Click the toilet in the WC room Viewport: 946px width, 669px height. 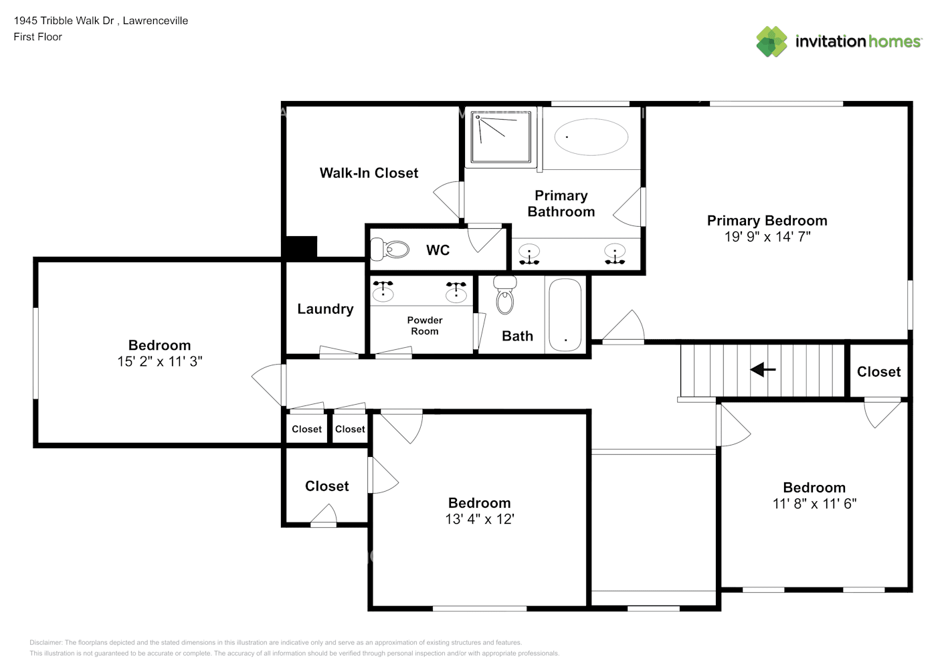(389, 249)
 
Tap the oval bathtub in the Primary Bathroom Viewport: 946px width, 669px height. (591, 137)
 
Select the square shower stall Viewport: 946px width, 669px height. (500, 137)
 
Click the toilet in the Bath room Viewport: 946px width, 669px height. (504, 295)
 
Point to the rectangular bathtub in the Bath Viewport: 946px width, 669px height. (565, 315)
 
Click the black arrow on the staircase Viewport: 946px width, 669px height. (763, 369)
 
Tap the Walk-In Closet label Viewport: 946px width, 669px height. (369, 173)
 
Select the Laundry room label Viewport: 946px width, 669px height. (325, 308)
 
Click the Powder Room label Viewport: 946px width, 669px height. (424, 326)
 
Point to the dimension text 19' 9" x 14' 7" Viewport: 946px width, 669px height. (767, 237)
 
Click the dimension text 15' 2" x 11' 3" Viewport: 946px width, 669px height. (160, 361)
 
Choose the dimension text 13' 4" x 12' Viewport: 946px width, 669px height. (479, 519)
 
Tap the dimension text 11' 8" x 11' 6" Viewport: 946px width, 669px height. (814, 504)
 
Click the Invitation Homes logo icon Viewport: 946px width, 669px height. (771, 41)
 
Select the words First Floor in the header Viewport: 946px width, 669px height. (37, 37)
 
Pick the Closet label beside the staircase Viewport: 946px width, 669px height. (878, 372)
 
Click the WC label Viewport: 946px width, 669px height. (438, 250)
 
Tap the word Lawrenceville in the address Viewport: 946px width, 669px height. (155, 21)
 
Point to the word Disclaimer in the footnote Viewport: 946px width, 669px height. (45, 642)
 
